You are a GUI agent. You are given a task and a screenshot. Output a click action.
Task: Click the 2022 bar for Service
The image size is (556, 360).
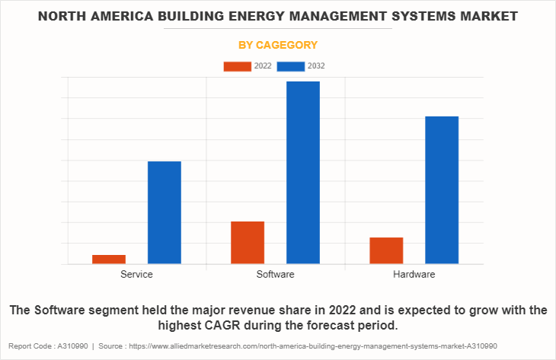pyautogui.click(x=109, y=260)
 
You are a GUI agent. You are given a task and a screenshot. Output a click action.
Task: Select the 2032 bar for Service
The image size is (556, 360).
pyautogui.click(x=165, y=212)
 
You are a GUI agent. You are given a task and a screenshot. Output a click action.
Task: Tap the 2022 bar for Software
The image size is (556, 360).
pyautogui.click(x=248, y=243)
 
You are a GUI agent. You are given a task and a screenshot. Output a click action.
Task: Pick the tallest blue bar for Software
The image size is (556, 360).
pyautogui.click(x=303, y=173)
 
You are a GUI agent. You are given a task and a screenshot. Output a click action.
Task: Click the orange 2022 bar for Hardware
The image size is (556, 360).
pyautogui.click(x=386, y=250)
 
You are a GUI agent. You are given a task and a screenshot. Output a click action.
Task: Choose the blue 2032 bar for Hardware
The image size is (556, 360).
pyautogui.click(x=442, y=190)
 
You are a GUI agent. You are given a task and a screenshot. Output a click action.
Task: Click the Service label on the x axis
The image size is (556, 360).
pyautogui.click(x=136, y=274)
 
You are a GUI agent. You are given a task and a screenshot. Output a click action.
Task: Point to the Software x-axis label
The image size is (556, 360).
pyautogui.click(x=276, y=274)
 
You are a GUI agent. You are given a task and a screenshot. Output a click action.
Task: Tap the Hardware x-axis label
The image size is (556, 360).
pyautogui.click(x=414, y=274)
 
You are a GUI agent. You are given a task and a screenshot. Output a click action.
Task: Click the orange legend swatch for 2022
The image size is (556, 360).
pyautogui.click(x=237, y=66)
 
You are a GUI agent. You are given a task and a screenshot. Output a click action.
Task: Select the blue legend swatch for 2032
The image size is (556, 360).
pyautogui.click(x=291, y=66)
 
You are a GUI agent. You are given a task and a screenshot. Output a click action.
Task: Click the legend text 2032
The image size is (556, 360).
pyautogui.click(x=317, y=66)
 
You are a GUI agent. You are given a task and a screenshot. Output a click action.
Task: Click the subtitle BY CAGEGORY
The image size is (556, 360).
pyautogui.click(x=278, y=45)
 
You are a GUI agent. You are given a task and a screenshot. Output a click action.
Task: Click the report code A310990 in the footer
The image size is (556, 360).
pyautogui.click(x=73, y=346)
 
